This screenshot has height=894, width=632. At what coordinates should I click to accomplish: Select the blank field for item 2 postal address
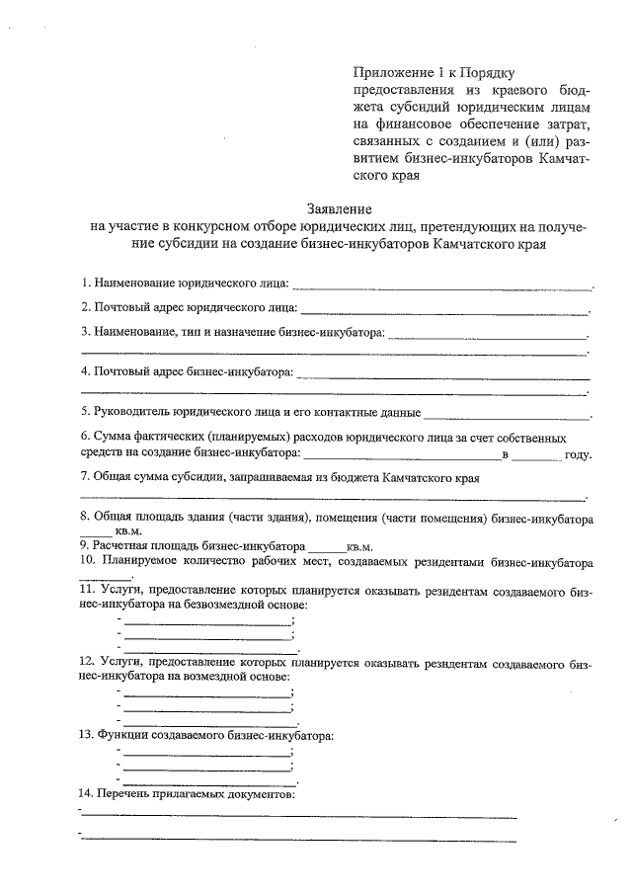[443, 312]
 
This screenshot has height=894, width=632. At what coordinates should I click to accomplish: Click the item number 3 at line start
[85, 332]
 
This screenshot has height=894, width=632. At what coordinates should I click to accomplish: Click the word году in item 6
[578, 455]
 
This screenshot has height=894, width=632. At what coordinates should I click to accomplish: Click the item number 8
[85, 518]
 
